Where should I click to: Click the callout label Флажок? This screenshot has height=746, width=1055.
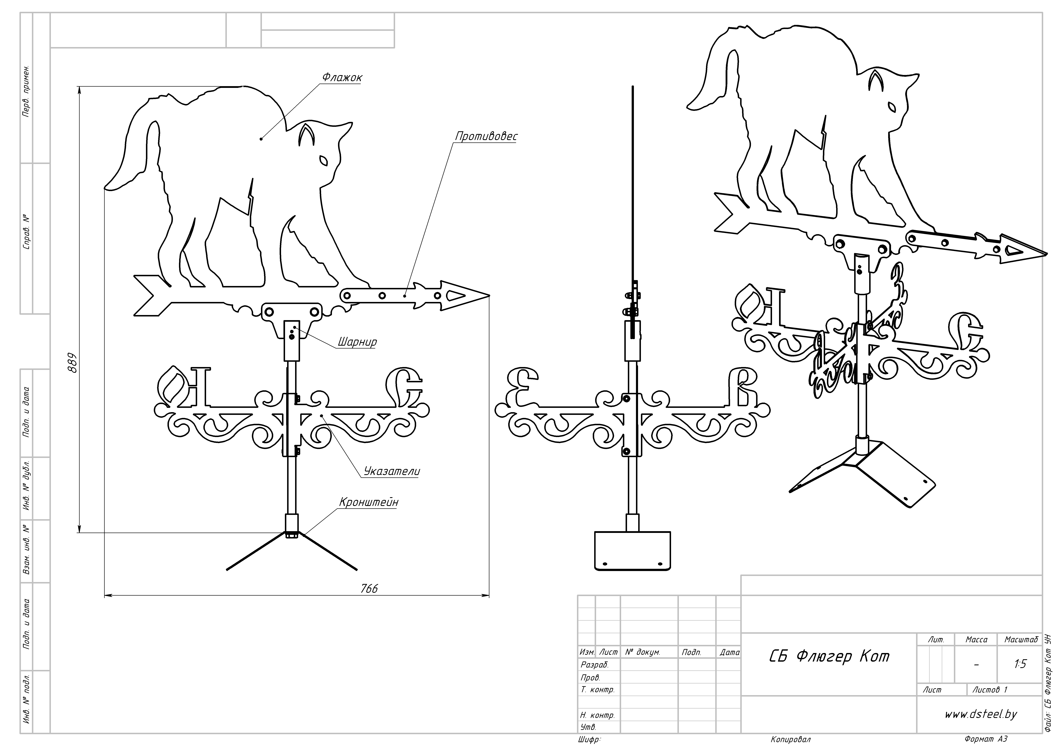(x=341, y=77)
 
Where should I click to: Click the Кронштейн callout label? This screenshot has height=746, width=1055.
(x=368, y=502)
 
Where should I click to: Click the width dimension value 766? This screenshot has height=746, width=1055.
(x=369, y=588)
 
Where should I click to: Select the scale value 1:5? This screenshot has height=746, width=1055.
(x=1020, y=664)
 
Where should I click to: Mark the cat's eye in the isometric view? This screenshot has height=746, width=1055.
(x=891, y=107)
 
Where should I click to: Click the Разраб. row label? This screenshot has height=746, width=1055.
(x=595, y=665)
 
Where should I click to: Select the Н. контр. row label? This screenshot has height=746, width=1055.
(x=597, y=715)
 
